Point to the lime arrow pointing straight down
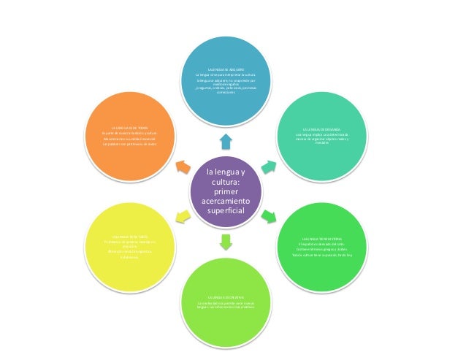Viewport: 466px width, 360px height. [x=225, y=240]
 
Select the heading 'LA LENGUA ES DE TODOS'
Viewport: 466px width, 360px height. [x=130, y=127]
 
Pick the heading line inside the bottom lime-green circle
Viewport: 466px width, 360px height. [x=225, y=298]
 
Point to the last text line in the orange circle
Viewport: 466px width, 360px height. [x=130, y=144]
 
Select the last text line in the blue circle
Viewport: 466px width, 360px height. [x=226, y=93]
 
